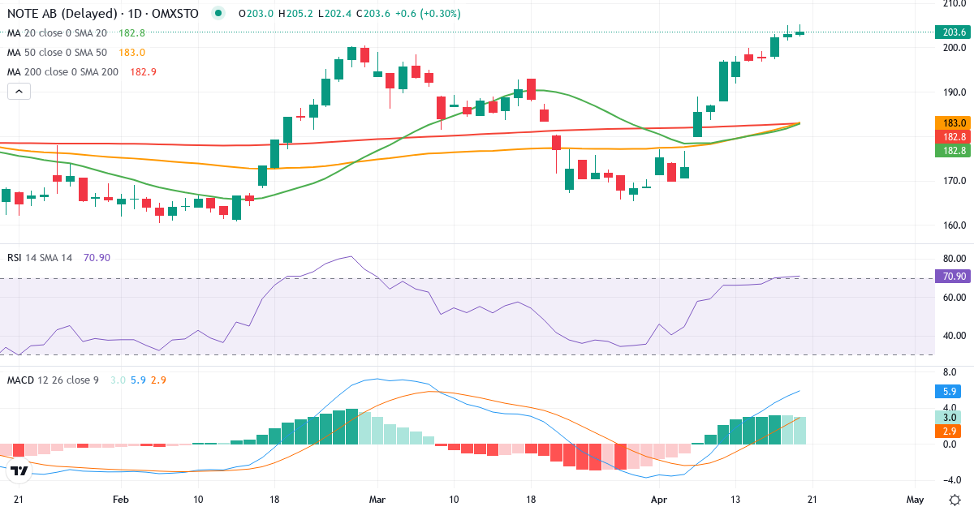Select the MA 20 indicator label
click(x=57, y=33)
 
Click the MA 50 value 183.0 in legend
click(x=131, y=53)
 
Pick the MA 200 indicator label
click(x=62, y=72)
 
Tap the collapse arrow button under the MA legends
click(x=19, y=91)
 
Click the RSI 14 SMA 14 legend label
click(x=40, y=257)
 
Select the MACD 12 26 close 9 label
click(x=53, y=380)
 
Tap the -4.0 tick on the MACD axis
click(x=953, y=479)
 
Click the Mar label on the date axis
click(x=377, y=499)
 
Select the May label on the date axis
click(x=915, y=499)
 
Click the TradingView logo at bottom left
click(x=20, y=470)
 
